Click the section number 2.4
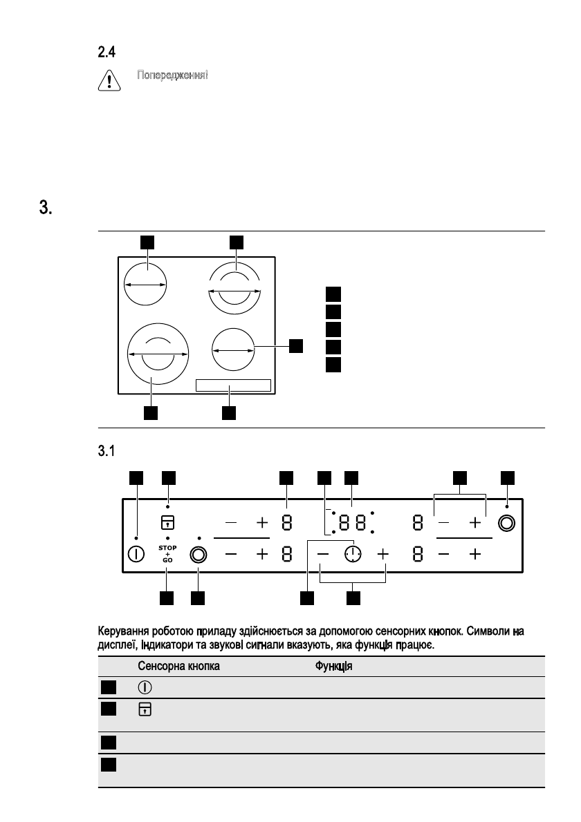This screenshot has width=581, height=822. pyautogui.click(x=106, y=52)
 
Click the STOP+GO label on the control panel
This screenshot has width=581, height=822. pyautogui.click(x=168, y=553)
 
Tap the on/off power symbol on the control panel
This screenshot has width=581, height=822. pyautogui.click(x=136, y=554)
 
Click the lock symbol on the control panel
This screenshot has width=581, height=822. pyautogui.click(x=168, y=522)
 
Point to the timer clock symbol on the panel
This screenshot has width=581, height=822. pyautogui.click(x=353, y=554)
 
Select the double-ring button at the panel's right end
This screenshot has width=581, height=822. pyautogui.click(x=507, y=523)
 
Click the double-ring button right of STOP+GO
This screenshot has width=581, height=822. pyautogui.click(x=199, y=554)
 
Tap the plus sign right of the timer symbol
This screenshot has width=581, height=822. pyautogui.click(x=384, y=554)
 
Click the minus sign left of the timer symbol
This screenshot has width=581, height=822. pyautogui.click(x=323, y=554)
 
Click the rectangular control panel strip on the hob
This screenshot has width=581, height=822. pyautogui.click(x=232, y=385)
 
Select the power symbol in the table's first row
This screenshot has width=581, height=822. pyautogui.click(x=145, y=688)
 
